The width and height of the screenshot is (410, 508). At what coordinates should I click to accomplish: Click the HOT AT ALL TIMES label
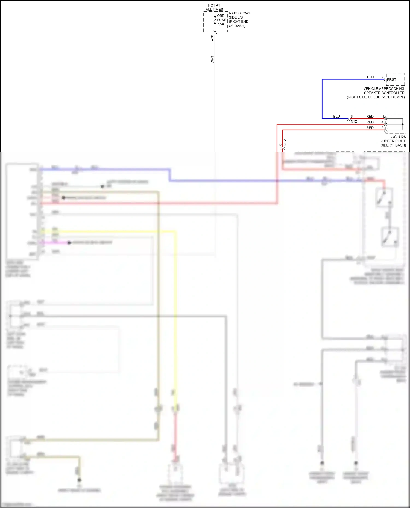[x=214, y=7]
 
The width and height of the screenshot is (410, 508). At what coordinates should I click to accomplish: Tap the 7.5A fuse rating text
[x=221, y=24]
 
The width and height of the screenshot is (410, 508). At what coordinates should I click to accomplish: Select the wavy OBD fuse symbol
[x=215, y=20]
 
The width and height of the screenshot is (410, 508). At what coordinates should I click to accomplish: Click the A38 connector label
[x=212, y=38]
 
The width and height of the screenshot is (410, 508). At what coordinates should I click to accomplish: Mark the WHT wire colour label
[x=212, y=60]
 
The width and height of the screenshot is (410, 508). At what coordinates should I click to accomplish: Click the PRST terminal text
[x=391, y=80]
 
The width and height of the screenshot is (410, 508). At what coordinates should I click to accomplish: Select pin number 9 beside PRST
[x=382, y=77]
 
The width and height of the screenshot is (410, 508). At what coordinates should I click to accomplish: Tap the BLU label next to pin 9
[x=370, y=77]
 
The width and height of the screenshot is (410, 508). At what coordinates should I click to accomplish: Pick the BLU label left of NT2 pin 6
[x=336, y=117]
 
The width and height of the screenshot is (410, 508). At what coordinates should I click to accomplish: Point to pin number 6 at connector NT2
[x=352, y=117]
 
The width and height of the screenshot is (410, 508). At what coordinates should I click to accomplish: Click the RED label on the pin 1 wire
[x=370, y=117]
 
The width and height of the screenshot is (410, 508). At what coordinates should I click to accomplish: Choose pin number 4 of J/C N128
[x=382, y=122]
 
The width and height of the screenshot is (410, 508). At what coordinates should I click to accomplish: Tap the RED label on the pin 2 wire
[x=370, y=128]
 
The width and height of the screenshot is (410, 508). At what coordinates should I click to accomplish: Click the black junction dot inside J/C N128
[x=403, y=124]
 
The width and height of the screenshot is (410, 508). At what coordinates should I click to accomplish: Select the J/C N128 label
[x=399, y=137]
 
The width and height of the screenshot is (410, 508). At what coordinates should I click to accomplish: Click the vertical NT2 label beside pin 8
[x=285, y=142]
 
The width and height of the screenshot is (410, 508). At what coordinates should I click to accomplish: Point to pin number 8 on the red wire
[x=280, y=145]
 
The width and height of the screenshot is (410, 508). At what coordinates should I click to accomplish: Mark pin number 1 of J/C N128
[x=383, y=116]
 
